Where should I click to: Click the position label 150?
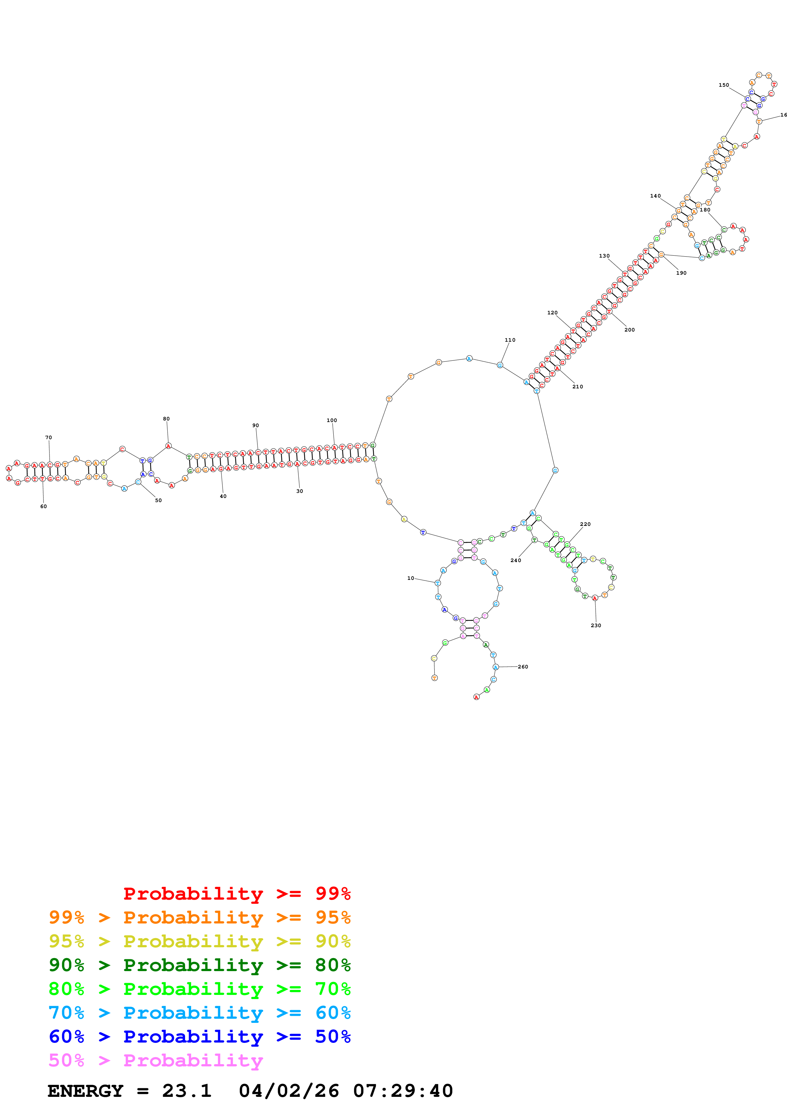[x=724, y=85]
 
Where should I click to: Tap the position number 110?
[x=510, y=340]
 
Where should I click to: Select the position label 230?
[x=596, y=625]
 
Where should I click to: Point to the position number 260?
[x=523, y=667]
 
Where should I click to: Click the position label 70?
[x=49, y=438]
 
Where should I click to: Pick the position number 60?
[x=43, y=507]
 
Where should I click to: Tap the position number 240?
[x=516, y=560]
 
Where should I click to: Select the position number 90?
[x=256, y=426]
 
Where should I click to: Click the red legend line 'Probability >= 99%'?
[x=237, y=894]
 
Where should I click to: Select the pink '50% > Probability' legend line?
[x=156, y=1061]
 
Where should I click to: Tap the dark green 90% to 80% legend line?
[x=200, y=965]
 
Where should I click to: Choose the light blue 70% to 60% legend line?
[x=200, y=1013]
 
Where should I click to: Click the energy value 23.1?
[x=187, y=1091]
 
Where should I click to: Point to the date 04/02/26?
[x=289, y=1091]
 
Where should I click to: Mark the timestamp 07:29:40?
[x=403, y=1091]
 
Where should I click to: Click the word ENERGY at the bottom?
[x=85, y=1091]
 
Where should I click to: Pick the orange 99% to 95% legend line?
[x=200, y=917]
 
